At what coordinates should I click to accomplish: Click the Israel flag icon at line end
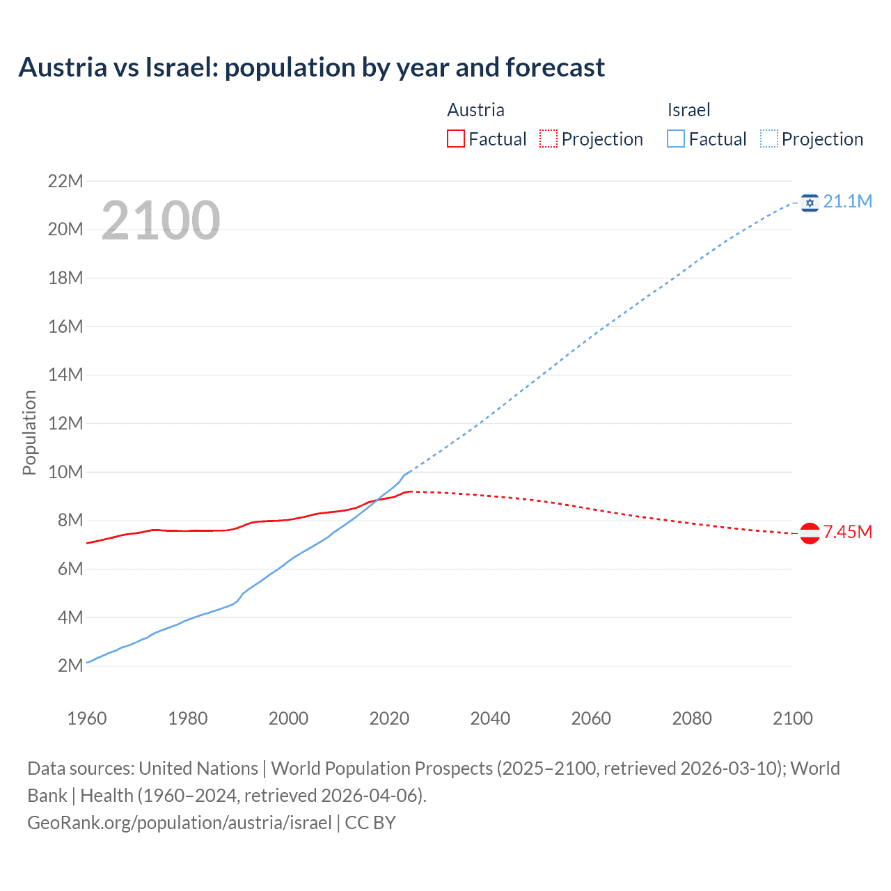[810, 202]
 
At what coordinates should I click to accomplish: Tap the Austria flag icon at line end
[810, 533]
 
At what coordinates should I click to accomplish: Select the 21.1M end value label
[847, 201]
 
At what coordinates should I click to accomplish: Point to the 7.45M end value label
[847, 533]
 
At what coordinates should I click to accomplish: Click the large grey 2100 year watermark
[161, 221]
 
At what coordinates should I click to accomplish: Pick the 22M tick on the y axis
[65, 181]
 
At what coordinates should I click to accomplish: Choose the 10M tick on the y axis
[65, 472]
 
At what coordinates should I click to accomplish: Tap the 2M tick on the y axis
[70, 665]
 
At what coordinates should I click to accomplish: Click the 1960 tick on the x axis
[87, 718]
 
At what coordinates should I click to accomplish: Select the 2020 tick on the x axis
[389, 718]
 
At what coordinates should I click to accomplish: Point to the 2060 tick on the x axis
[591, 718]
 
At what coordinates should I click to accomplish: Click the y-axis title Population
[29, 432]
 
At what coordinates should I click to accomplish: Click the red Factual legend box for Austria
[455, 139]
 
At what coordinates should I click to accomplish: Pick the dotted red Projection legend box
[549, 139]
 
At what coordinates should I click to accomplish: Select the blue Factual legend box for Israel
[676, 139]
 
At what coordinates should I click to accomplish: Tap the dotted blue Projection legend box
[769, 139]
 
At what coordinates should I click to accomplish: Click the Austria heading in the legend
[475, 110]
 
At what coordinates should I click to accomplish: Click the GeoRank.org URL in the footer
[180, 823]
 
